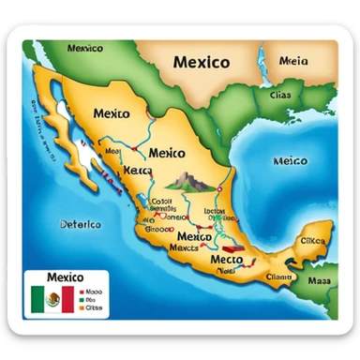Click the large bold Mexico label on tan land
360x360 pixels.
click(x=202, y=63)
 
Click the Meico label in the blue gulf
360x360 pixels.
click(x=290, y=160)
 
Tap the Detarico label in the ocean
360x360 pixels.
click(x=59, y=224)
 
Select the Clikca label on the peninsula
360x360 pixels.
click(x=312, y=241)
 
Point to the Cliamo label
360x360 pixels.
click(x=279, y=277)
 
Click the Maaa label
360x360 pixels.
click(x=321, y=279)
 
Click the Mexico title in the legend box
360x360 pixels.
click(x=65, y=277)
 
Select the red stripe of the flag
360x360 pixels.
click(x=67, y=300)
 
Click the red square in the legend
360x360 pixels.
click(x=82, y=291)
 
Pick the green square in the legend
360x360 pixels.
click(x=82, y=299)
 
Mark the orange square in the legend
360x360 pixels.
click(x=82, y=307)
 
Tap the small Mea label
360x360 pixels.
click(x=113, y=150)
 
